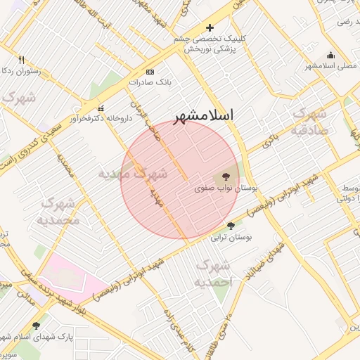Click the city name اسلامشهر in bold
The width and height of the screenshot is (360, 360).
(204, 115)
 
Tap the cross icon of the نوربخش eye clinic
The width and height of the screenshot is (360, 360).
(210, 27)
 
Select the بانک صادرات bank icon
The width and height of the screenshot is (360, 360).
(150, 72)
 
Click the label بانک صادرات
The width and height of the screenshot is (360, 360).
(146, 82)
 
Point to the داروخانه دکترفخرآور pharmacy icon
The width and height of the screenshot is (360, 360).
(101, 109)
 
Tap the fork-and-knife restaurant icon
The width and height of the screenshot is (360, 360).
(21, 60)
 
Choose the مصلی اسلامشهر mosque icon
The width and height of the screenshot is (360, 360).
(330, 56)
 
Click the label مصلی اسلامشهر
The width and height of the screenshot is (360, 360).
(328, 67)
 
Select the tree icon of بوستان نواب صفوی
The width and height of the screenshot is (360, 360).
(226, 177)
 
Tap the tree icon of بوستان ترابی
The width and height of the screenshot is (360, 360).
(231, 226)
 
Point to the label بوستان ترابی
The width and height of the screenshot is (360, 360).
(231, 238)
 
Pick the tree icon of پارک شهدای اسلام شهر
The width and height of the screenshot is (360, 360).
(36, 326)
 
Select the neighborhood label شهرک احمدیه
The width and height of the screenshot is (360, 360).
(213, 274)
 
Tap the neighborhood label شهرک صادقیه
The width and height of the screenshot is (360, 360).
(309, 121)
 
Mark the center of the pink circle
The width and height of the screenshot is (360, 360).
(180, 180)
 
